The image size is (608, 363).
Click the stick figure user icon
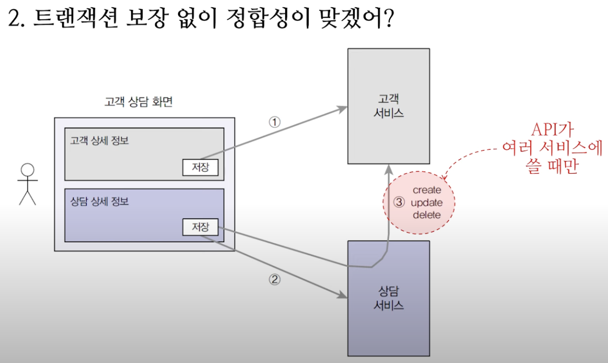point(27,184)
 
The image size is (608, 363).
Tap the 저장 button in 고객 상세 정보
point(201,167)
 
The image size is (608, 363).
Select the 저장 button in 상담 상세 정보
point(201,227)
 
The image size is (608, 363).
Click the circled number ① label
point(274,122)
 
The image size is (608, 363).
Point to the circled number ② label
point(274,279)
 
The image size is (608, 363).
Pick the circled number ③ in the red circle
point(399,202)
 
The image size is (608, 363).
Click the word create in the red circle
point(427,190)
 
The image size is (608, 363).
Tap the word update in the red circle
point(427,202)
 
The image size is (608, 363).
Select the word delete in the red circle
point(427,215)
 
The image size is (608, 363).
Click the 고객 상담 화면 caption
point(138,101)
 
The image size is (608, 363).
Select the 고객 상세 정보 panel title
point(99,141)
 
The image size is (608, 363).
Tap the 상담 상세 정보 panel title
point(99,201)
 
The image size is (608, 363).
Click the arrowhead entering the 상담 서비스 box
point(343,296)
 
